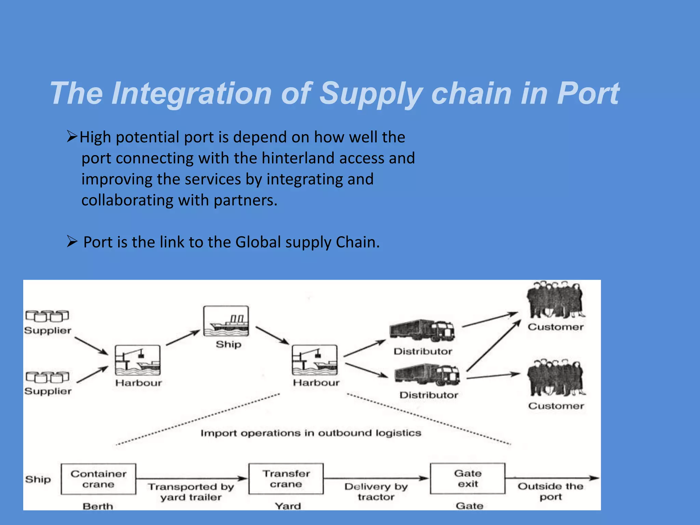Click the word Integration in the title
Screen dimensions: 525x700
tap(191, 93)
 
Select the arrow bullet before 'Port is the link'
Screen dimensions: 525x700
tap(72, 242)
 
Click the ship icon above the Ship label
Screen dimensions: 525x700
tap(226, 321)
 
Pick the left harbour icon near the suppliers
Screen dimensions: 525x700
tap(137, 360)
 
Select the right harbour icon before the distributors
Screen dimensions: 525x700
tap(314, 360)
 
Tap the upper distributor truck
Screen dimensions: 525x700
tap(422, 331)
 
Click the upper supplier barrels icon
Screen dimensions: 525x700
tap(47, 316)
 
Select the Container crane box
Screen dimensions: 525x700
tap(98, 479)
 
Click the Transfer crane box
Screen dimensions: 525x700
tap(286, 479)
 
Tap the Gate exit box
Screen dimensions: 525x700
tap(468, 479)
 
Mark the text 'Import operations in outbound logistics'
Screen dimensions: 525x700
tap(311, 433)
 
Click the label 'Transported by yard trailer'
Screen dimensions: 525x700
tap(191, 492)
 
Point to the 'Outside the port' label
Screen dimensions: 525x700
tap(550, 491)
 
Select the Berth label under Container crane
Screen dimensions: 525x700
tap(98, 506)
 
